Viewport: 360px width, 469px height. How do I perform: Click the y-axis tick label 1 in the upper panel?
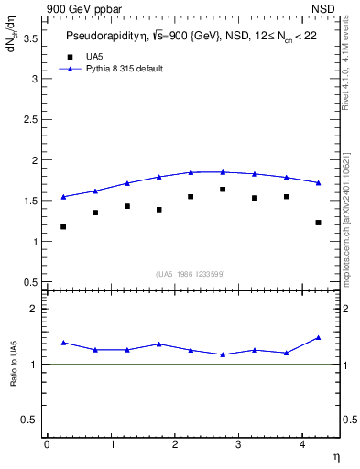(34, 242)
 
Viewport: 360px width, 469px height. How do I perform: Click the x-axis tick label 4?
(301, 444)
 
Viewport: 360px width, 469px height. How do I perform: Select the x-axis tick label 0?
(47, 444)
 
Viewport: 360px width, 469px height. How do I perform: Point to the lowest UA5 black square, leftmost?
(63, 226)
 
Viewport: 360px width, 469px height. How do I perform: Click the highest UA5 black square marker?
(223, 190)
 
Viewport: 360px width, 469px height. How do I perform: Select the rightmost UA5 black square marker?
(318, 223)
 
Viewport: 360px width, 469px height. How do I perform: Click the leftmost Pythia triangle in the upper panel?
(63, 196)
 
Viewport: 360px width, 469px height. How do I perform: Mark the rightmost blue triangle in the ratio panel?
(318, 337)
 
